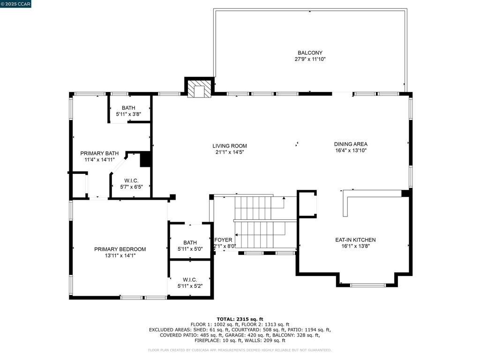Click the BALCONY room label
tap(310, 52)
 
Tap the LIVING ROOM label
tap(230, 146)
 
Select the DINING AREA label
tap(351, 144)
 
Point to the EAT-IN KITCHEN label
tap(355, 240)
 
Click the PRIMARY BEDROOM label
tap(120, 249)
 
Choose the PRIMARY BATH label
tap(99, 153)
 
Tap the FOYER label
tap(223, 240)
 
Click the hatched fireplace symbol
tap(199, 89)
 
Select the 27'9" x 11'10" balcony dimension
tap(310, 59)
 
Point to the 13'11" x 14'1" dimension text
tap(120, 255)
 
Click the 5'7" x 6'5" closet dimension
tap(131, 187)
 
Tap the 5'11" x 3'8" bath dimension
tap(128, 114)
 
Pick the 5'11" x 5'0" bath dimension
tap(190, 249)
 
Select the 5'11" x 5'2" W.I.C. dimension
tap(190, 286)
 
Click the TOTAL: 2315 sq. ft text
tap(240, 319)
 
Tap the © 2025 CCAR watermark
tap(15, 4)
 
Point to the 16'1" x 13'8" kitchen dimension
tap(355, 246)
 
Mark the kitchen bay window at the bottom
tap(367, 285)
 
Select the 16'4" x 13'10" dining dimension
tap(351, 150)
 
